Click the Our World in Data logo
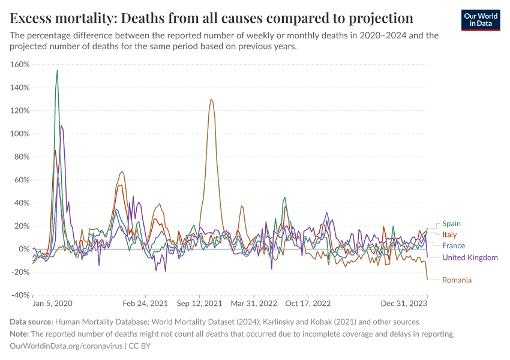pos(480,20)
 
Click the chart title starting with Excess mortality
pos(212,16)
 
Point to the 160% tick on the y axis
pos(20,65)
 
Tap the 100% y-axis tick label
pos(20,134)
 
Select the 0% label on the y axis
pos(23,249)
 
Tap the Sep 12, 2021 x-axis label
pos(200,304)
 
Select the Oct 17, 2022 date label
pos(307,304)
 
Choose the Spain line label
pos(451,224)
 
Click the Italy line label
pos(449,234)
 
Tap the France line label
pos(453,245)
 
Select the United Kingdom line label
pos(470,257)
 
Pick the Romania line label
pos(457,280)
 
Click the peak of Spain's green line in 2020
pos(57,70)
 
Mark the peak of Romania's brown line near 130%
pos(211,100)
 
